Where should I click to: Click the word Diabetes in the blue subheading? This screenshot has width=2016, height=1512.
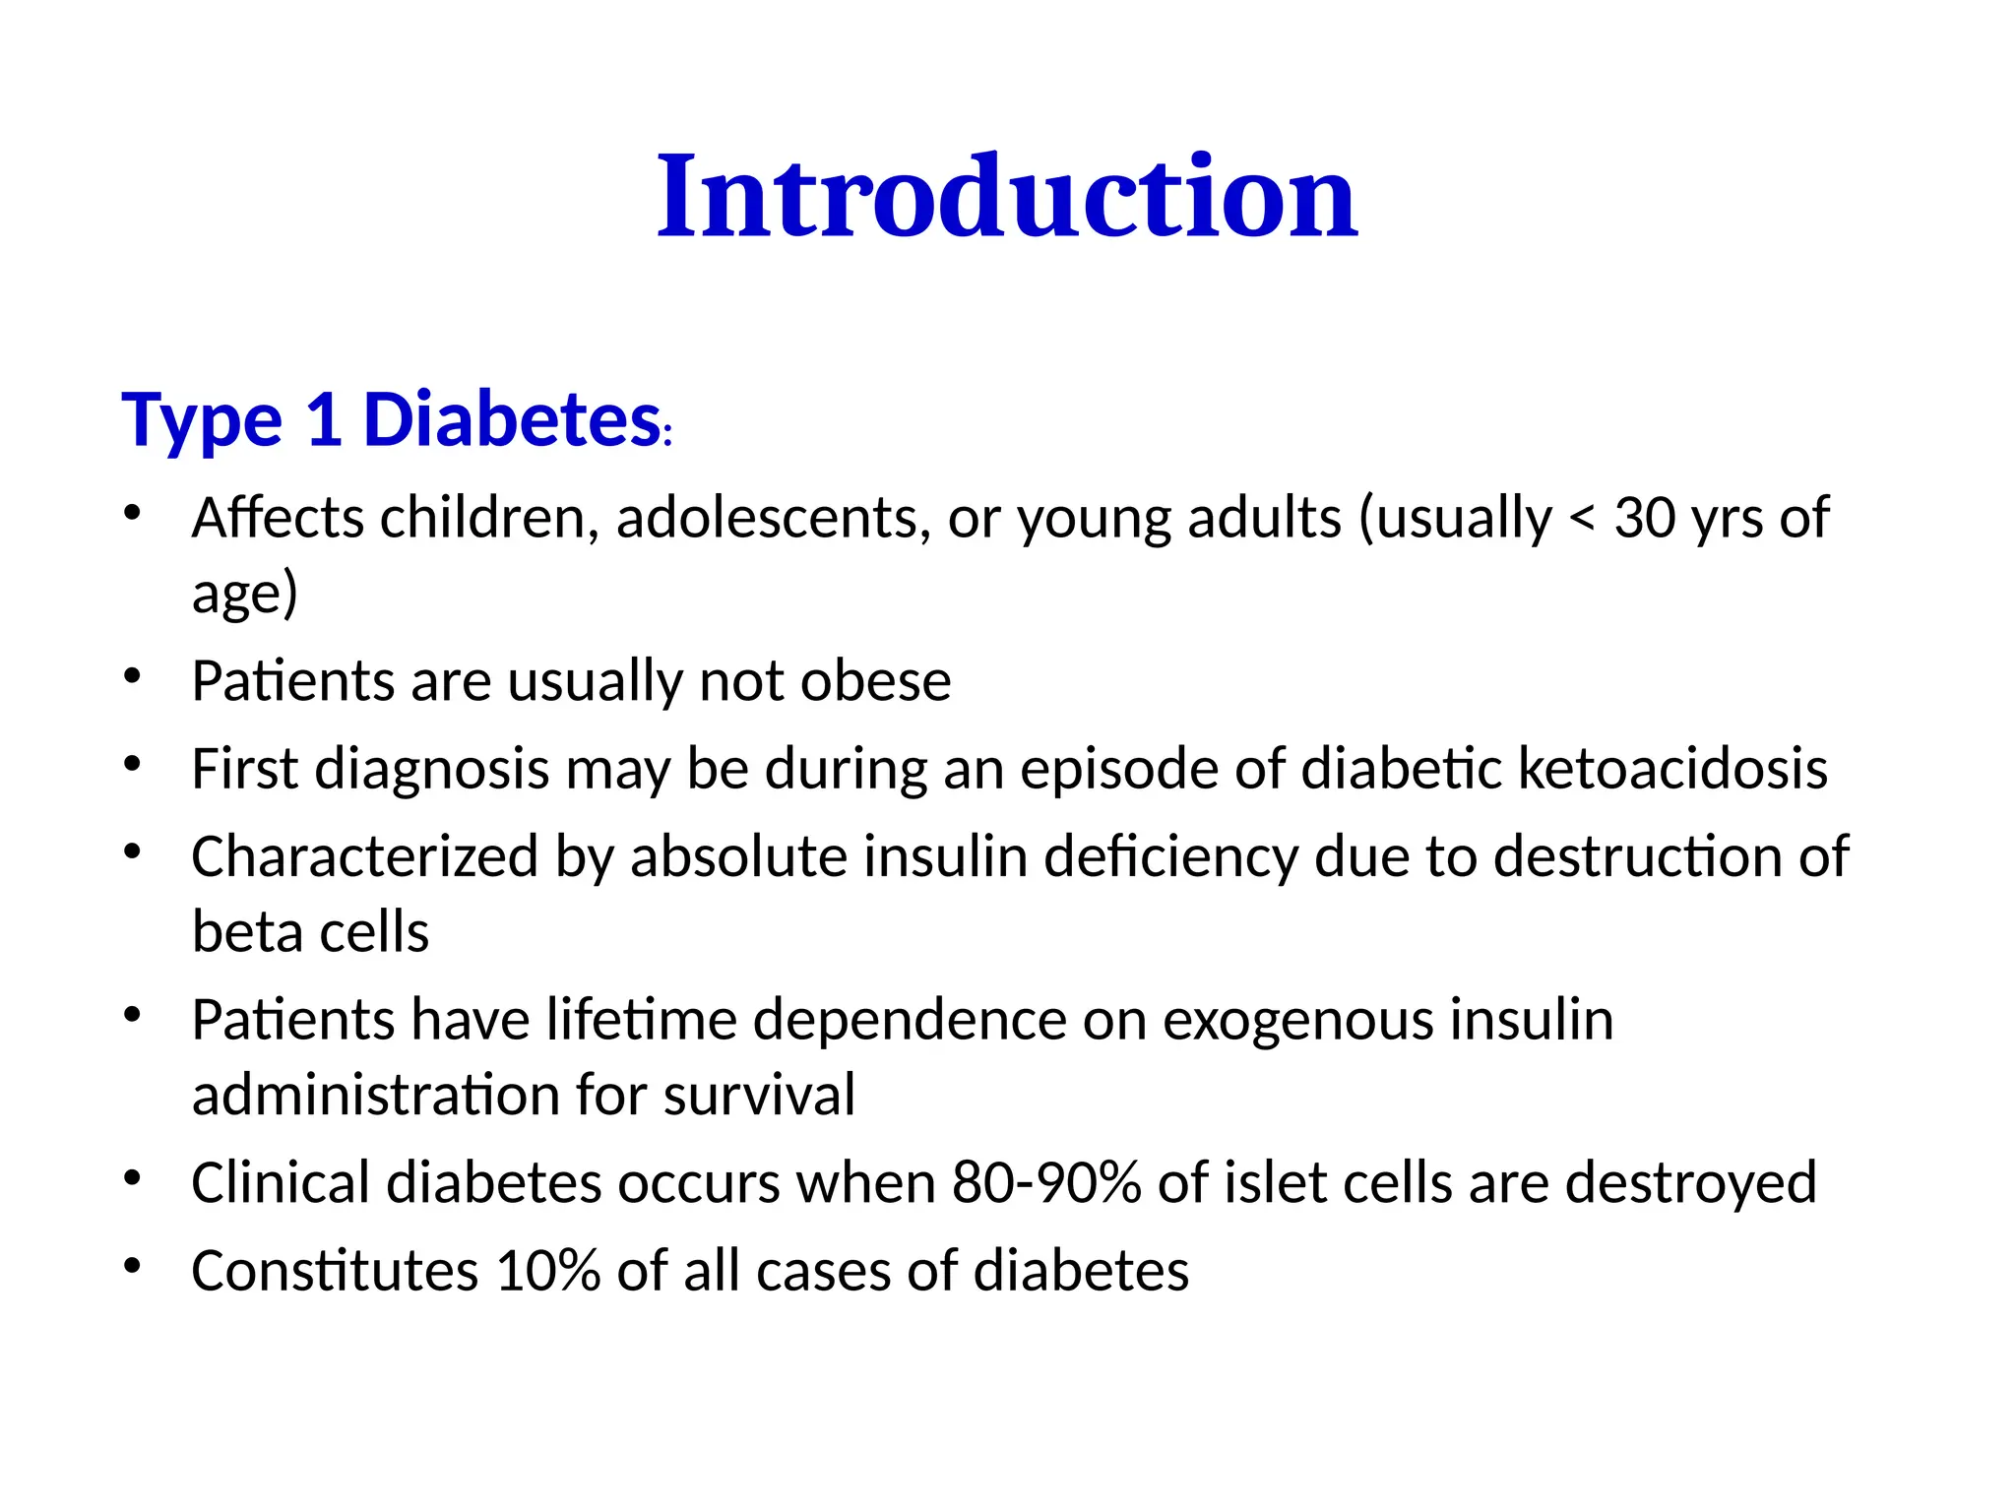[511, 420]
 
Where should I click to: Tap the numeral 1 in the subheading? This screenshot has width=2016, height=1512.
[323, 420]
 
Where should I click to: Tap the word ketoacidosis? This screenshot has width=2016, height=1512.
[1672, 769]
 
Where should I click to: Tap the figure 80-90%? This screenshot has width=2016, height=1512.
[1045, 1183]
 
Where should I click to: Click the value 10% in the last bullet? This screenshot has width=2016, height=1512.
[547, 1271]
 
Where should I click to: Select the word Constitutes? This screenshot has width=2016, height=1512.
[335, 1271]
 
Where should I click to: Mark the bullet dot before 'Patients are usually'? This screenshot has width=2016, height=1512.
[133, 676]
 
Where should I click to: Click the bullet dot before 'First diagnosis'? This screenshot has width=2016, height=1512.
[133, 764]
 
